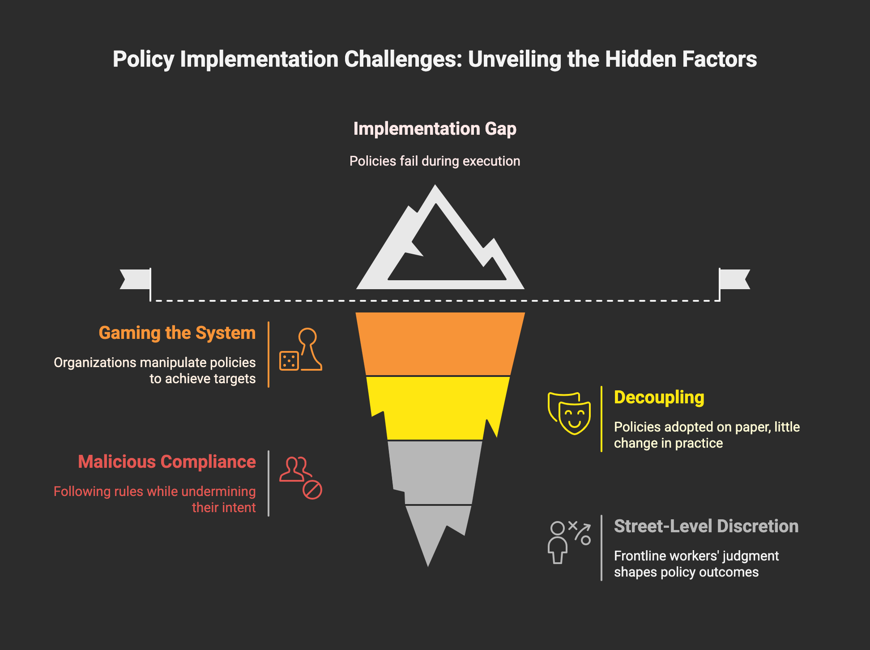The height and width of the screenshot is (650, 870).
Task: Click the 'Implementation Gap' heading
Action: pos(435,129)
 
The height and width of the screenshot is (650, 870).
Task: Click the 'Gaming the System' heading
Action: pos(177,333)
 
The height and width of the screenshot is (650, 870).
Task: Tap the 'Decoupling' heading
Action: pos(659,398)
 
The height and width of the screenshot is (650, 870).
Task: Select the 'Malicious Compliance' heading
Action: pos(167,462)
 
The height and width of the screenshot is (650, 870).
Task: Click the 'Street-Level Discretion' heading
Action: pos(706,526)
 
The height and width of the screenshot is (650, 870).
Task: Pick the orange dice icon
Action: pos(289,361)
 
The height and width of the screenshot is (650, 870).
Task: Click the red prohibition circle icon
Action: pos(312,490)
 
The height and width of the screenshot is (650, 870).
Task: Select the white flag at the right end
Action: pos(734,279)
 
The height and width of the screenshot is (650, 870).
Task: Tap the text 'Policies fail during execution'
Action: pos(435,161)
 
